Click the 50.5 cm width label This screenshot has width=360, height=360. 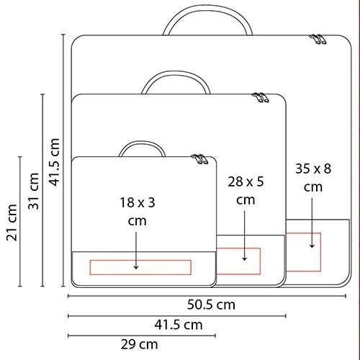click(x=211, y=305)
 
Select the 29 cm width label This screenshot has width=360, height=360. click(x=139, y=345)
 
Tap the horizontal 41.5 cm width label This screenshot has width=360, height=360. click(x=179, y=325)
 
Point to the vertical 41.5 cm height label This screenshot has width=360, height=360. click(x=54, y=162)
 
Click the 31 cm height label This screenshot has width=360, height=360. click(x=34, y=191)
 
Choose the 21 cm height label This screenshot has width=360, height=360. click(x=12, y=222)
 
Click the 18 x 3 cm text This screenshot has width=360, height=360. click(x=138, y=212)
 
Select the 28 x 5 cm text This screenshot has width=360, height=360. click(x=246, y=191)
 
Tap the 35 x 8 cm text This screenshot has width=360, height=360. click(x=313, y=178)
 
